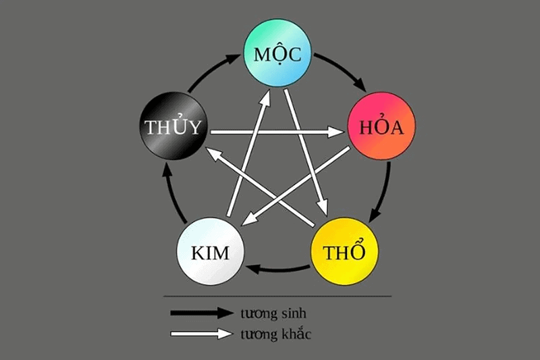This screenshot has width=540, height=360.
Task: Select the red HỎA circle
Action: pyautogui.click(x=381, y=127)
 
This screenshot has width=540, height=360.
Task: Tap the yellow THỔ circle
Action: pyautogui.click(x=344, y=252)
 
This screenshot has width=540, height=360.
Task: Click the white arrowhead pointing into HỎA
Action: pyautogui.click(x=335, y=133)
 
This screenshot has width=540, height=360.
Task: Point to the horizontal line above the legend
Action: pyautogui.click(x=277, y=296)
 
